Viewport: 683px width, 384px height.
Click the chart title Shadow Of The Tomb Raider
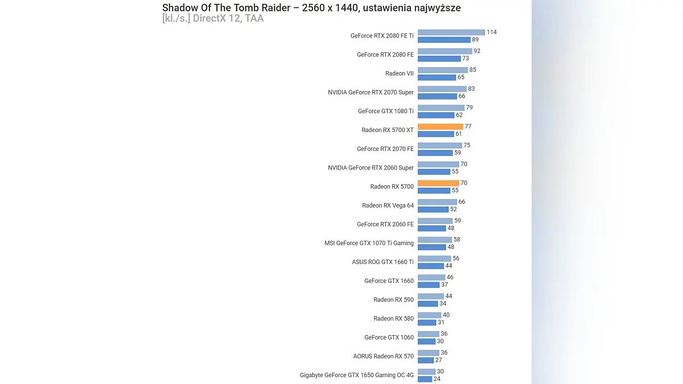click(311, 8)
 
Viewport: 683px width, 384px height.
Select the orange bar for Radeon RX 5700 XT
click(441, 127)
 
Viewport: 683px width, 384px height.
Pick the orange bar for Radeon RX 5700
click(438, 183)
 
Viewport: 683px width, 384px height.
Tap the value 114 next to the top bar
click(491, 32)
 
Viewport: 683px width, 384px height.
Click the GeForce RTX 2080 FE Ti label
click(382, 36)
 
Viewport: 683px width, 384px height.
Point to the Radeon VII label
click(400, 73)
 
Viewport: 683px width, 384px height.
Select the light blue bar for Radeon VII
click(443, 70)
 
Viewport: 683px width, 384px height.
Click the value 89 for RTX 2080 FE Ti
click(475, 40)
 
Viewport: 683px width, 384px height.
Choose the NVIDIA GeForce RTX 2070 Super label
click(371, 92)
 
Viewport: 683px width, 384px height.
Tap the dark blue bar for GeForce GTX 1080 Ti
click(436, 115)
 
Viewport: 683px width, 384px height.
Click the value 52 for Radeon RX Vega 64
click(454, 209)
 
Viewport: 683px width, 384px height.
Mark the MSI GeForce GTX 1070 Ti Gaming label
click(369, 243)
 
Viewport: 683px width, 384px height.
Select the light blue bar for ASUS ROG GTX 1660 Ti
click(434, 258)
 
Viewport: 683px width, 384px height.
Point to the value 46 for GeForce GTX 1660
click(450, 277)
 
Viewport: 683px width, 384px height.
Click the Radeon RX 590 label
click(393, 300)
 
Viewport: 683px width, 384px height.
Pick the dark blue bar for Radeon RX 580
click(427, 323)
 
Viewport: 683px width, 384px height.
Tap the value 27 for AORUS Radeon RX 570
click(439, 360)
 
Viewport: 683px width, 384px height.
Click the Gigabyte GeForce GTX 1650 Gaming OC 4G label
click(357, 375)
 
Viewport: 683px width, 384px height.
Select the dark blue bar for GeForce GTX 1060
click(426, 341)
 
